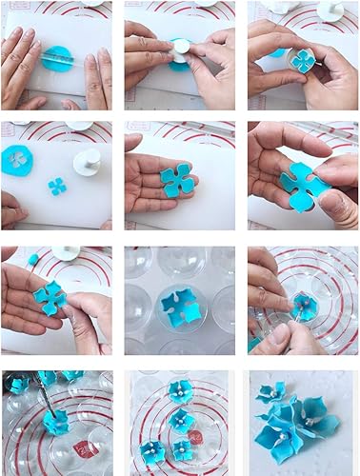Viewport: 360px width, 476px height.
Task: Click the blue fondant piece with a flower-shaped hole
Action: (x=18, y=158)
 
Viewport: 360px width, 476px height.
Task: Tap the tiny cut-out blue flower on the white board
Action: (x=57, y=185)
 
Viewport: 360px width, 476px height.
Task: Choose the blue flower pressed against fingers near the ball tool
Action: (x=50, y=297)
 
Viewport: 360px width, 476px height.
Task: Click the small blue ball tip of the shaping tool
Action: (x=31, y=259)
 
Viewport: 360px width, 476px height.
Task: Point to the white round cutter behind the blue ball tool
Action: (x=65, y=254)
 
